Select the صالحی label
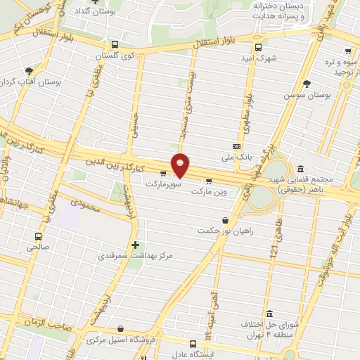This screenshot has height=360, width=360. click(38, 247)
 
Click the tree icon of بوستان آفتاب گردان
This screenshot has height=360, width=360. click(29, 71)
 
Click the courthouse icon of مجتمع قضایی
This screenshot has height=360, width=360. click(301, 169)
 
